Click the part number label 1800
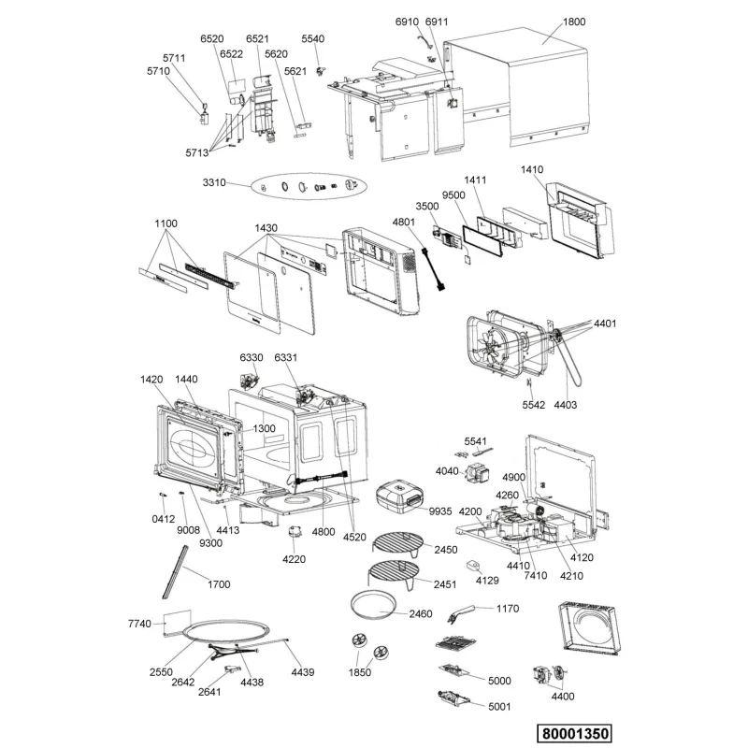tap(574, 22)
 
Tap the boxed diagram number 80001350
tap(575, 733)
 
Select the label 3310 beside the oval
tap(214, 182)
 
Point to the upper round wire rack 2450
tap(398, 544)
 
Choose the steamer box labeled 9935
tap(400, 498)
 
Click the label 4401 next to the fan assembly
tap(605, 324)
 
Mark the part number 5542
tap(533, 405)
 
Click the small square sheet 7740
tap(177, 621)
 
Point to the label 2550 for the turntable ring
tap(161, 672)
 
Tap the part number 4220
tap(294, 559)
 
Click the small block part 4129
tap(473, 566)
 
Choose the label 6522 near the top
tap(231, 54)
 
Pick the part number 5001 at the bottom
tap(499, 707)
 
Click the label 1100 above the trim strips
tap(166, 223)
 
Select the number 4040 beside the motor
tap(447, 471)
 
